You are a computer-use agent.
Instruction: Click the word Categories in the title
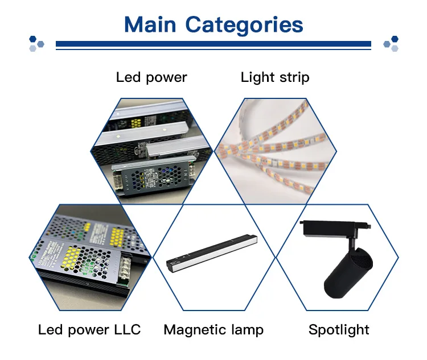[244, 25]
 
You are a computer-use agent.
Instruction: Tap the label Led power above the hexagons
[151, 77]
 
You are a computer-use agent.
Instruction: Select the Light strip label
[275, 77]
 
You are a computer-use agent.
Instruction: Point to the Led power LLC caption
[89, 329]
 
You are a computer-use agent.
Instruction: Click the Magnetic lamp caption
[213, 329]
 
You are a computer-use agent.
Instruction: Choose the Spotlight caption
[339, 329]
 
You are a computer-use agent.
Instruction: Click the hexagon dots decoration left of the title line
[37, 43]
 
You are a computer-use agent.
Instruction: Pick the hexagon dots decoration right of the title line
[391, 43]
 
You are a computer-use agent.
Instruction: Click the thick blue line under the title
[213, 43]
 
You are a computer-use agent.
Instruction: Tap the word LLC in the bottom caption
[125, 329]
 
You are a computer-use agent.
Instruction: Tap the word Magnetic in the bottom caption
[192, 329]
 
